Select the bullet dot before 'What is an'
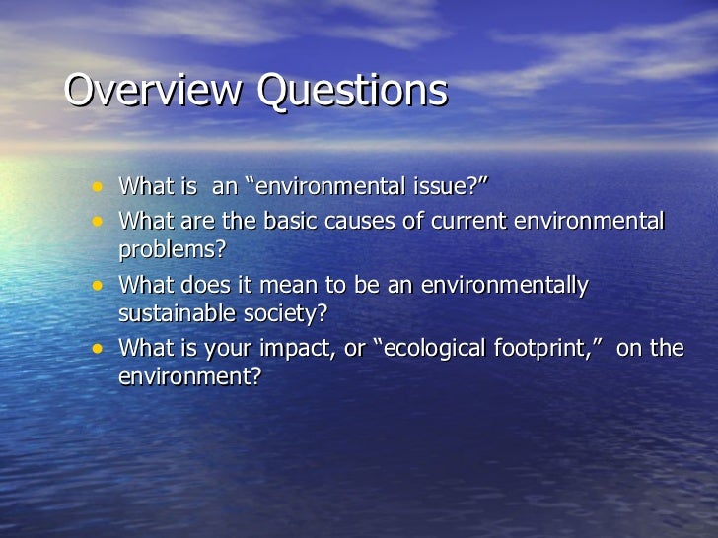[x=97, y=185]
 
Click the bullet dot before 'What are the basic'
[x=97, y=219]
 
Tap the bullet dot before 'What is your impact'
[x=97, y=348]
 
